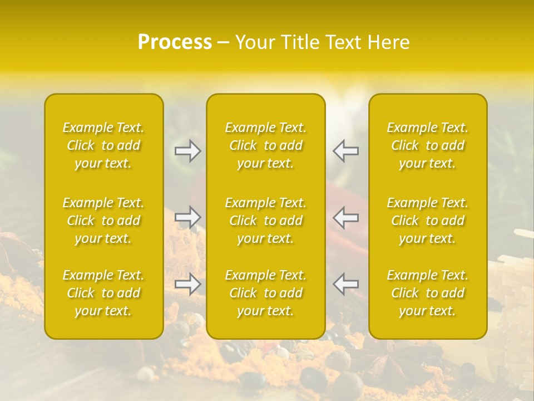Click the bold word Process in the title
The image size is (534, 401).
[175, 42]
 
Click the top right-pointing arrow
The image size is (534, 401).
[188, 151]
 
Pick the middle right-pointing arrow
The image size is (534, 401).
[188, 217]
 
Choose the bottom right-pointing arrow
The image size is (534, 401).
[188, 284]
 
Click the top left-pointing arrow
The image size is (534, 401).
[345, 151]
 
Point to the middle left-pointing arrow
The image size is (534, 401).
[345, 217]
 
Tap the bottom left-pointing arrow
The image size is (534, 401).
[345, 284]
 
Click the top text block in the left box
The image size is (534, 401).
[103, 145]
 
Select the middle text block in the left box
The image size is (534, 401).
[103, 221]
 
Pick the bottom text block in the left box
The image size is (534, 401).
[103, 293]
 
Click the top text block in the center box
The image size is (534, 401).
[266, 145]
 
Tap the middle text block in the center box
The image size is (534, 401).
[266, 221]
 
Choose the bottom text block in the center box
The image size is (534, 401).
[266, 293]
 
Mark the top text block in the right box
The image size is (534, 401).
[428, 145]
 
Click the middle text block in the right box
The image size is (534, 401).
[428, 221]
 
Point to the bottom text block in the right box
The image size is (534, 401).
[428, 293]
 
